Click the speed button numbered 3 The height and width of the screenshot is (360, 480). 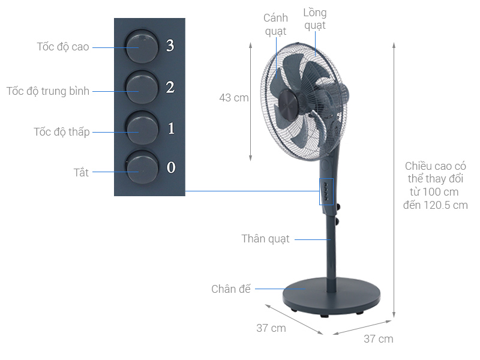[142, 46]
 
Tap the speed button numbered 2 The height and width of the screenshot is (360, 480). [142, 87]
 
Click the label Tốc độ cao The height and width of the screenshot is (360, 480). [63, 47]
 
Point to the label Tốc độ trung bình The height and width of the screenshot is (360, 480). [48, 91]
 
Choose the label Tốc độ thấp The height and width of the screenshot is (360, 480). [61, 132]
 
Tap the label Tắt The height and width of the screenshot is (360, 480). [81, 173]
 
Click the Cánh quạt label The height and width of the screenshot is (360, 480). [275, 24]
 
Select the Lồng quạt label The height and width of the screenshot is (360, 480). [314, 19]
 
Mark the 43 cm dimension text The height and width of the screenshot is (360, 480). [233, 98]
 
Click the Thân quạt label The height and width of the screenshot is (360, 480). [265, 239]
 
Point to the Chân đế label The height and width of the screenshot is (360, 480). [230, 289]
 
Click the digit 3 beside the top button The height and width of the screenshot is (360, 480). [170, 46]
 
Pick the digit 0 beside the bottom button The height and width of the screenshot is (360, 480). [171, 167]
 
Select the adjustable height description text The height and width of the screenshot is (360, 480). [435, 185]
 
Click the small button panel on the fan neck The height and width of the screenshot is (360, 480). [326, 192]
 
